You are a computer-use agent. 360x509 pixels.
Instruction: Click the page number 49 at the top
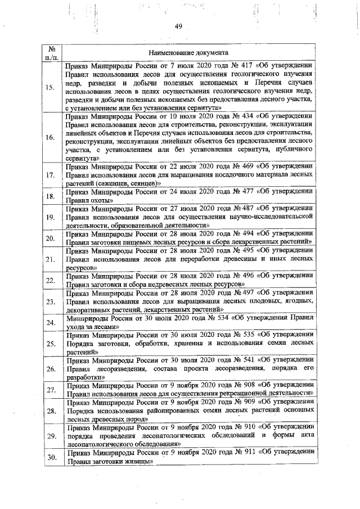click(x=178, y=26)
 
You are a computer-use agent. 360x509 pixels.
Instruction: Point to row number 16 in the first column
click(x=50, y=137)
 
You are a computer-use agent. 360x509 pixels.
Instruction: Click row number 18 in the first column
click(x=50, y=196)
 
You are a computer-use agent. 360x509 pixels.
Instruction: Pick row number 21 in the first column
click(x=50, y=260)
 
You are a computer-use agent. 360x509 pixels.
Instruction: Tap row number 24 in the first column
click(x=50, y=323)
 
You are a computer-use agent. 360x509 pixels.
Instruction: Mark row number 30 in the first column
click(x=50, y=457)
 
